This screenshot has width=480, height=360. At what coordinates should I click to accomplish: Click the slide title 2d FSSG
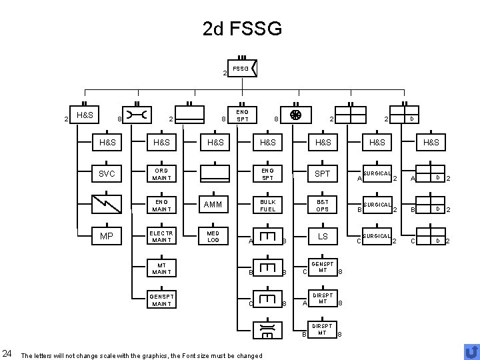click(x=242, y=29)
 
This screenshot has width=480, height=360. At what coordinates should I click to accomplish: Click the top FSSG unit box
click(x=243, y=69)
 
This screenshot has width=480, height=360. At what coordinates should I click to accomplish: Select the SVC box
click(x=107, y=174)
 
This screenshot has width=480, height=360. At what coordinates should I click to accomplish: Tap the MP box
click(x=107, y=237)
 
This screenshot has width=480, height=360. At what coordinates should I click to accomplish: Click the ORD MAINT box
click(x=161, y=174)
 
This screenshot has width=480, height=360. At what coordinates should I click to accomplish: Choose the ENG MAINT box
click(x=161, y=205)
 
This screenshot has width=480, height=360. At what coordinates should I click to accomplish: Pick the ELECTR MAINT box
click(x=161, y=237)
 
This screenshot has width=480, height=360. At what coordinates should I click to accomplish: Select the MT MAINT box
click(x=161, y=268)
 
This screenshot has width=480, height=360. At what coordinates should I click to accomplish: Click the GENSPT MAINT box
click(x=161, y=300)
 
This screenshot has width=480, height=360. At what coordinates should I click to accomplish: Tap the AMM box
click(x=214, y=205)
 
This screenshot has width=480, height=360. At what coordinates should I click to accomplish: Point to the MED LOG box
click(x=214, y=237)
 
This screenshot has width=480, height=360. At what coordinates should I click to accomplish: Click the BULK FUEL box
click(x=268, y=205)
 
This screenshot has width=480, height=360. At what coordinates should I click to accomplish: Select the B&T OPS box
click(x=323, y=205)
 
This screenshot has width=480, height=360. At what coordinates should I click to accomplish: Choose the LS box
click(x=323, y=237)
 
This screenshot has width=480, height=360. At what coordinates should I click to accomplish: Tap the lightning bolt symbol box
click(x=107, y=205)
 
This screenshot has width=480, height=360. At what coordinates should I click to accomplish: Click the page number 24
click(x=7, y=353)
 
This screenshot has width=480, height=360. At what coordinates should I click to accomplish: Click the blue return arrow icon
click(x=471, y=351)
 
